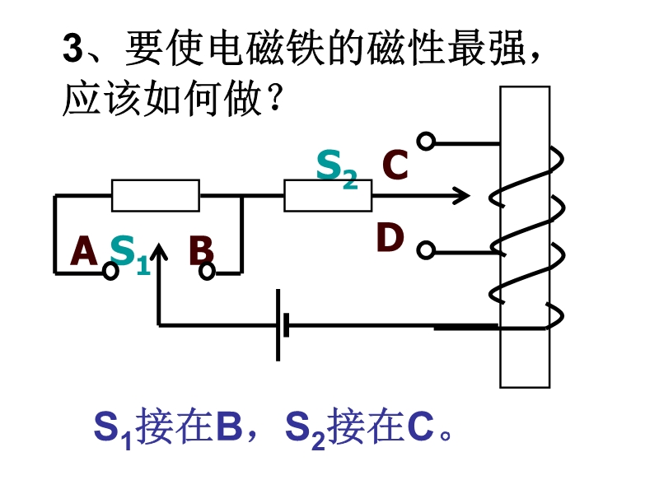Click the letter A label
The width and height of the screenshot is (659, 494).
85,251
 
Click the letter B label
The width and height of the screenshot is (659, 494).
201,251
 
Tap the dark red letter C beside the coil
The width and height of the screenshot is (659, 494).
395,165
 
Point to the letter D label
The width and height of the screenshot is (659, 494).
390,238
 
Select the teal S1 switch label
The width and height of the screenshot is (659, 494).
129,253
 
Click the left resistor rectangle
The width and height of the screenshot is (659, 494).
156,196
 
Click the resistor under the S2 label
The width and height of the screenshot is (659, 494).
328,196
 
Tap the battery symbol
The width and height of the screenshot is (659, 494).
282,324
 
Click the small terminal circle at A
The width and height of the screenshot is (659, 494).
110,271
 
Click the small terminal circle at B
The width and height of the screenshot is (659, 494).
208,271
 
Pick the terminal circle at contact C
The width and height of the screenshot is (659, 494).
425,142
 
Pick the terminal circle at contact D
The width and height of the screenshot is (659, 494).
425,249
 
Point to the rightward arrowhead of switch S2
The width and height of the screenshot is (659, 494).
461,196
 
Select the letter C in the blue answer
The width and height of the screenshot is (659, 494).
420,428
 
